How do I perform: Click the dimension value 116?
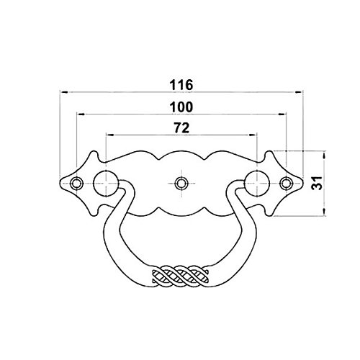(x=181, y=85)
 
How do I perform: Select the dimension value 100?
(x=181, y=107)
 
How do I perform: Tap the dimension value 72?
(x=181, y=128)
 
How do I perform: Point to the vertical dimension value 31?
(x=318, y=183)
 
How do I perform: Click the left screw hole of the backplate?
(x=76, y=184)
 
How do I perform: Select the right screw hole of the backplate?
(x=286, y=184)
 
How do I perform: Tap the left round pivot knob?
(x=106, y=184)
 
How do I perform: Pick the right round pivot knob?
(x=257, y=184)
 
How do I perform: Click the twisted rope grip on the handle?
(x=181, y=276)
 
